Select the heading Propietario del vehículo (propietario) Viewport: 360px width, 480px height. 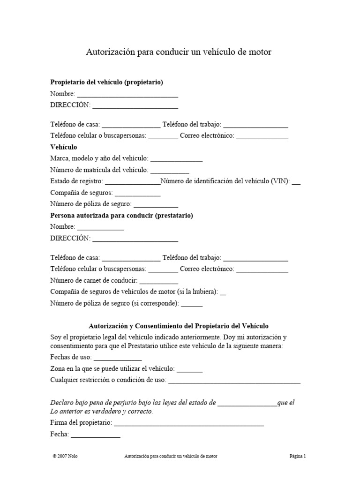click(106, 82)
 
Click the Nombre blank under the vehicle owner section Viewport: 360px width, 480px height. click(127, 94)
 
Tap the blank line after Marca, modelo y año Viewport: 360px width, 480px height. click(176, 158)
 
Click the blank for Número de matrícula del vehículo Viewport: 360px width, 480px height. click(170, 170)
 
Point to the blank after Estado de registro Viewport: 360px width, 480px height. click(133, 181)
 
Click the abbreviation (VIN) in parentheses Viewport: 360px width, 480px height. click(280, 181)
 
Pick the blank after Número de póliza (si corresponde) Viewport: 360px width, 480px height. click(192, 303)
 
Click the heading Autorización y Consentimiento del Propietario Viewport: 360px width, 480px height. click(179, 325)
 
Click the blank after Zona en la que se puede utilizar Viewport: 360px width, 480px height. click(190, 369)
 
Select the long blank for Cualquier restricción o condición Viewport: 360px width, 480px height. click(234, 380)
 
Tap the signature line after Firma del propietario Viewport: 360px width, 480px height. click(188, 423)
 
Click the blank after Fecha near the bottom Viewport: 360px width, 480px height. click(95, 435)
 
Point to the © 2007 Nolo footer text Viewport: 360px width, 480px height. click(66, 456)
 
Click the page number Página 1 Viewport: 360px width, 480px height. click(297, 456)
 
